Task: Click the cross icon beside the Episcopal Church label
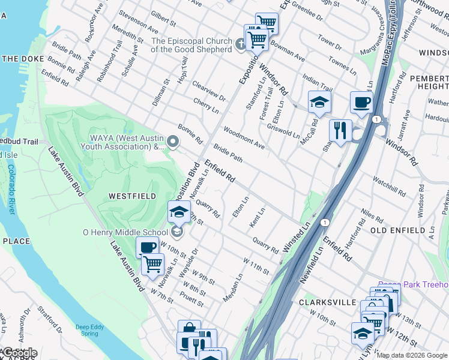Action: (241, 44)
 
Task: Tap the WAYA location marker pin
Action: (173, 142)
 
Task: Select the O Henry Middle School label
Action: (125, 232)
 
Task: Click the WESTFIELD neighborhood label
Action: (132, 196)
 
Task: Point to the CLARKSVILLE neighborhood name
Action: (328, 302)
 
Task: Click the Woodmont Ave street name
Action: (244, 138)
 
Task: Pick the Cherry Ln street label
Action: (206, 106)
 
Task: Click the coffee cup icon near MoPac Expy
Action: (361, 103)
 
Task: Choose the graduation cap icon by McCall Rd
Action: (319, 102)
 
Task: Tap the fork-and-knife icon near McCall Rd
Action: (340, 131)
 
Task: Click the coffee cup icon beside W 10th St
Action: (147, 247)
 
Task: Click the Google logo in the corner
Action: (19, 353)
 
